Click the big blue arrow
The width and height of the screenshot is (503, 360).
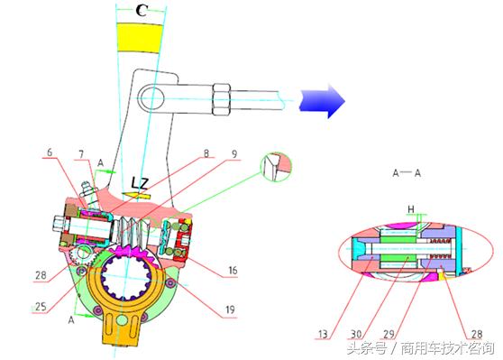322,101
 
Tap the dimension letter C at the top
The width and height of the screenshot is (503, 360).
142,11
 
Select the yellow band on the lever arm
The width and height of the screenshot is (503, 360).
139,38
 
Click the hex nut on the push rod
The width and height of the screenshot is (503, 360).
221,99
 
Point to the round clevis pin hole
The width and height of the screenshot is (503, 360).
151,97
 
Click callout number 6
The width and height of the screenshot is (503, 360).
50,152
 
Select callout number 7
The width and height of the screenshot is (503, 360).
81,154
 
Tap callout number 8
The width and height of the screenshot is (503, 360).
206,153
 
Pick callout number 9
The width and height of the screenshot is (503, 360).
234,154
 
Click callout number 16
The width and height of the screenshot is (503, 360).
233,271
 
